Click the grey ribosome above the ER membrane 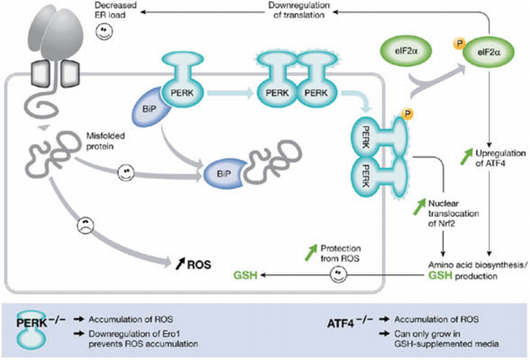[x=56, y=33]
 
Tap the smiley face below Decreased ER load [x=104, y=31]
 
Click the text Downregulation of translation [x=299, y=10]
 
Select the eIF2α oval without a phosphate [x=407, y=51]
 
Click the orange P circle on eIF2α [x=460, y=43]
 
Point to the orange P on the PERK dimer [x=408, y=114]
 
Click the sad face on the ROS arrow [x=86, y=225]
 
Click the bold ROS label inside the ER [x=199, y=264]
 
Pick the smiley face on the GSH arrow [x=338, y=274]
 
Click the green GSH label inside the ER [x=245, y=275]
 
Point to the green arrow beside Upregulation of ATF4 [x=467, y=156]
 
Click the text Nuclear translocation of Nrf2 [x=453, y=213]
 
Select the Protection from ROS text [x=340, y=253]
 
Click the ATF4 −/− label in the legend [x=350, y=322]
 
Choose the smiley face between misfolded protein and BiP [x=126, y=173]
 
